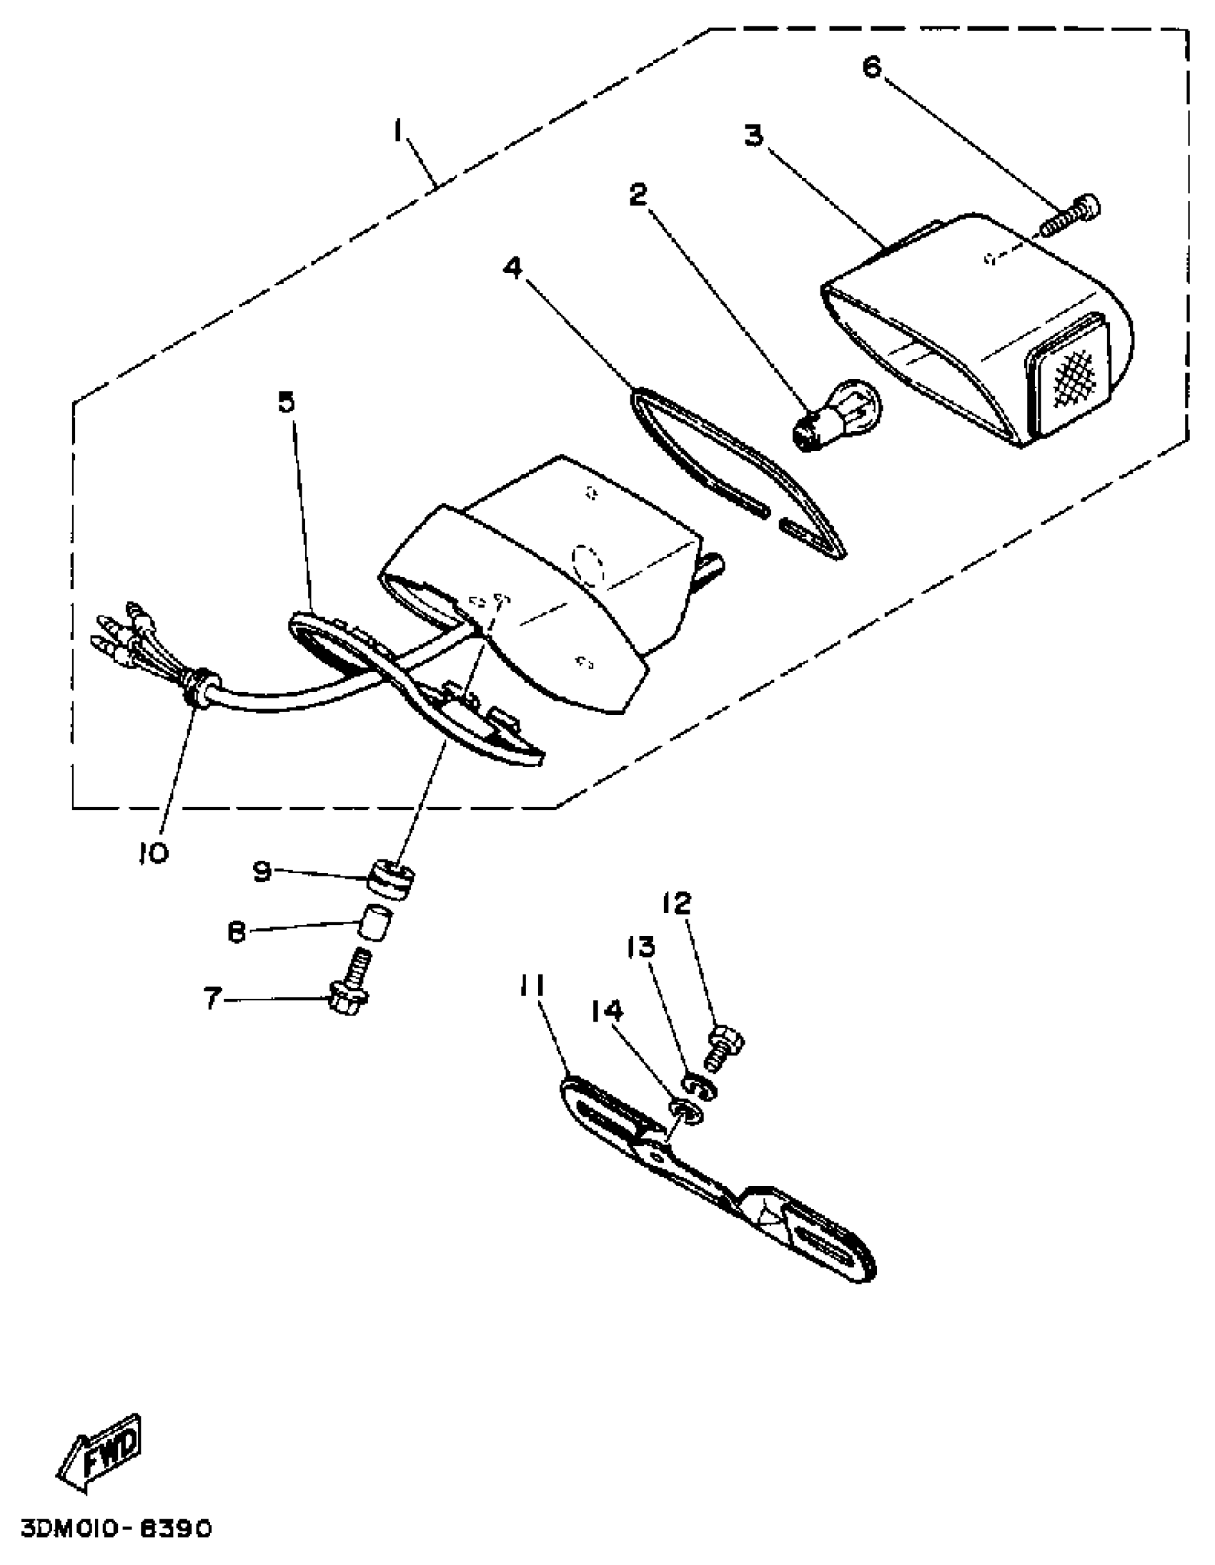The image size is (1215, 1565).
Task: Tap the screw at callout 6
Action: pos(1071,217)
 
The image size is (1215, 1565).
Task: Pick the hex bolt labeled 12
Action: pos(725,1048)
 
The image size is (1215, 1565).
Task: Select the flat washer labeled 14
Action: pos(685,1112)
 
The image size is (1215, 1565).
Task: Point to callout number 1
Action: pos(397,131)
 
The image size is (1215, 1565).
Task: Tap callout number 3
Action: pos(753,134)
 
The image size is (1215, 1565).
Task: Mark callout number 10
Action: pos(154,853)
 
